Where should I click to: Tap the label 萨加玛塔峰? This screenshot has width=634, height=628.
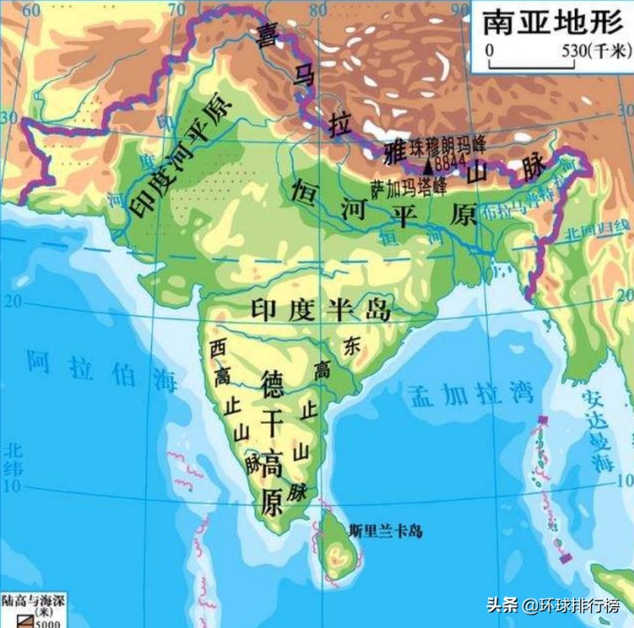[x=409, y=187]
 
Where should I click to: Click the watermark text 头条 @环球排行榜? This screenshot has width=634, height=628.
[x=557, y=606]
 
